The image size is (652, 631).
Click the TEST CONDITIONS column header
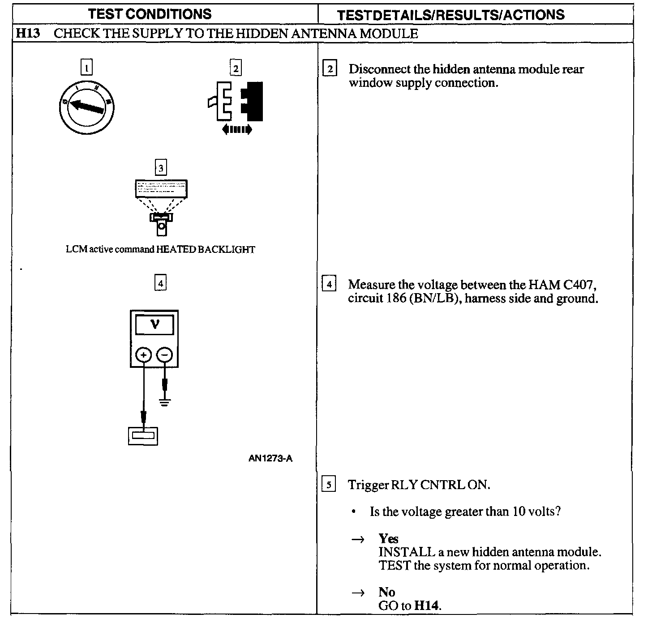click(x=150, y=14)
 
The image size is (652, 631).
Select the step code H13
click(x=28, y=34)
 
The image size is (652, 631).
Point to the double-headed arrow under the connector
click(x=237, y=130)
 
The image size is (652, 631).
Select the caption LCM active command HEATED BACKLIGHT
click(x=160, y=249)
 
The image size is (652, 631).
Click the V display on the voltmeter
click(x=154, y=324)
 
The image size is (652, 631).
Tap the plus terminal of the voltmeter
click(x=144, y=355)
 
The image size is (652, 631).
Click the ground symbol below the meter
click(x=165, y=402)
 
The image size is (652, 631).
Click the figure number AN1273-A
click(x=270, y=458)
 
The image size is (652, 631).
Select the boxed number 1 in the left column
click(x=86, y=68)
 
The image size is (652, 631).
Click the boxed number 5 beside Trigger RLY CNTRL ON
click(x=329, y=485)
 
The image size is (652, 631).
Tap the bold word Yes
click(x=388, y=538)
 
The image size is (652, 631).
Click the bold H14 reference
click(x=427, y=606)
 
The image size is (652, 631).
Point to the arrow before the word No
click(x=358, y=593)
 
